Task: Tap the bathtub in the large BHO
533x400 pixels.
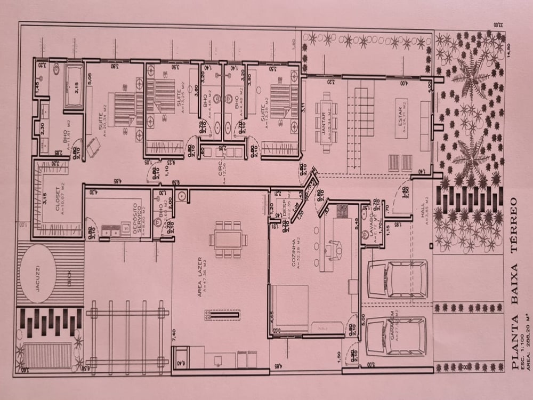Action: click(74, 87)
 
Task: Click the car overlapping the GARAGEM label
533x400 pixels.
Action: click(397, 336)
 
